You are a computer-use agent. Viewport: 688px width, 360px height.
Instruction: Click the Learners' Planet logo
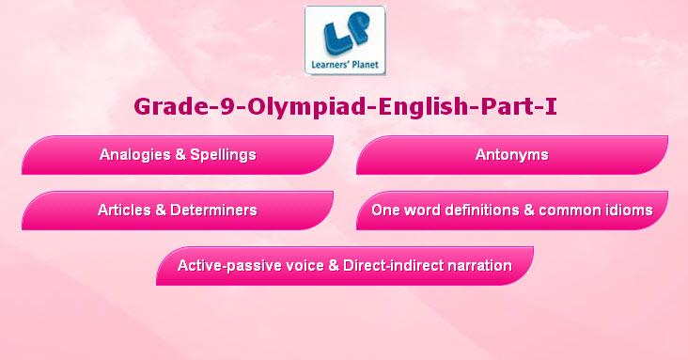345,40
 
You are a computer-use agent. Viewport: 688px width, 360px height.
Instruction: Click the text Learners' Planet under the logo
345,65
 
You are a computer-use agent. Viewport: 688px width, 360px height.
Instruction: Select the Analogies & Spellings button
178,155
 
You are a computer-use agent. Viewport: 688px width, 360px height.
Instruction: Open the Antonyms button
512,155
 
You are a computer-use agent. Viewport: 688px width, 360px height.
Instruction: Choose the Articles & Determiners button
178,211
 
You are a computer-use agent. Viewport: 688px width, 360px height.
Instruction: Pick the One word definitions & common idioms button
512,211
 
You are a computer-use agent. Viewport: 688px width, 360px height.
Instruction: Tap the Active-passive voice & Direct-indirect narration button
345,266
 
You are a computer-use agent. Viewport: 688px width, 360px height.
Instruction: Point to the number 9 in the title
227,106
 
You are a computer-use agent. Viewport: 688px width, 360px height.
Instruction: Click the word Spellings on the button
223,155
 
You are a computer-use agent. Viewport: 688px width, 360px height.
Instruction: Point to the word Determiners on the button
213,210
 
